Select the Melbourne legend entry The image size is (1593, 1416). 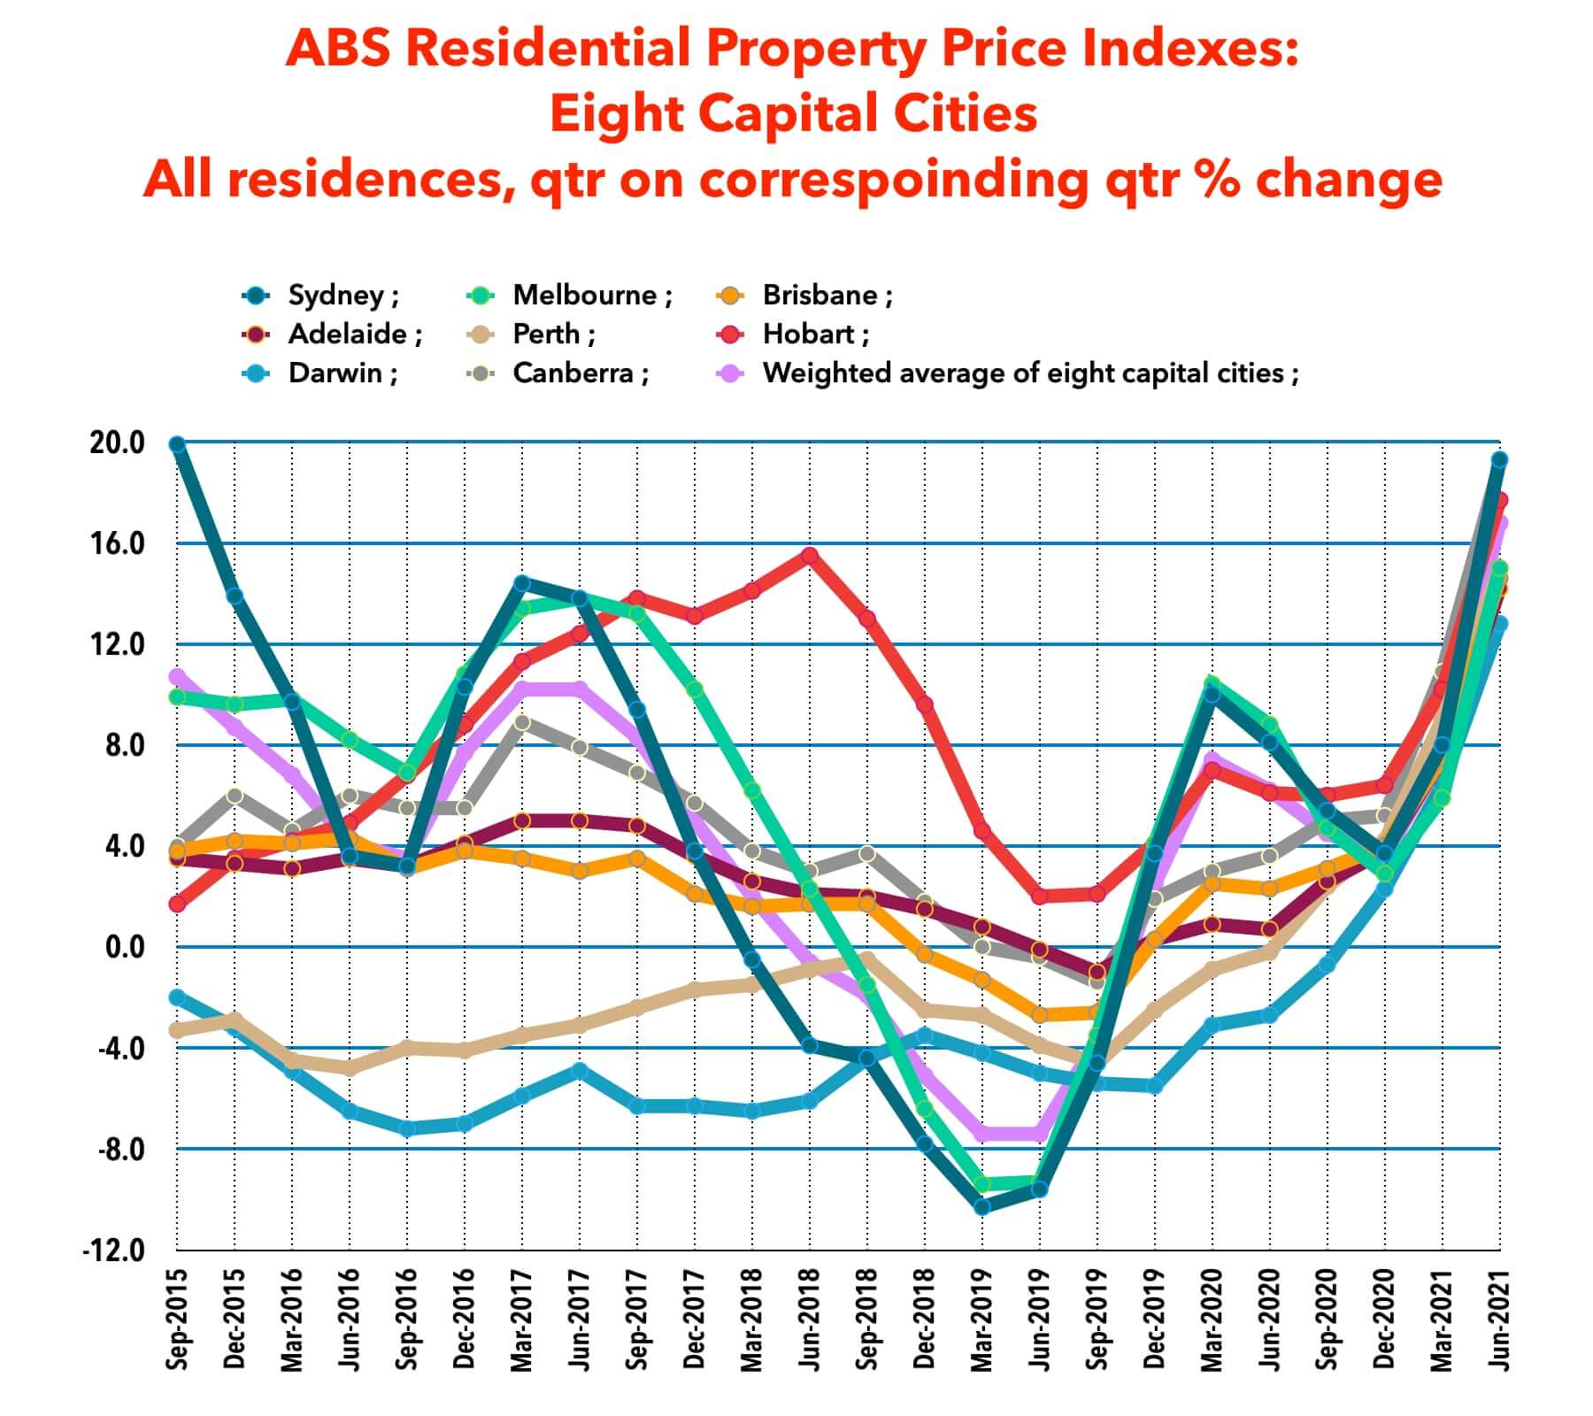(585, 296)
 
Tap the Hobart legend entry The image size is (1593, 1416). (809, 335)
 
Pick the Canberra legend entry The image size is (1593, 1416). (573, 373)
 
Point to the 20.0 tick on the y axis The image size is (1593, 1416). (117, 443)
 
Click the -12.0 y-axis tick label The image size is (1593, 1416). (113, 1251)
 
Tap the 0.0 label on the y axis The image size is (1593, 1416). (123, 948)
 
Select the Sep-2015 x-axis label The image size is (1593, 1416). (177, 1320)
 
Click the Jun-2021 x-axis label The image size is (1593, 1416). (1498, 1320)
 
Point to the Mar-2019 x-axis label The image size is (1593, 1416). (981, 1320)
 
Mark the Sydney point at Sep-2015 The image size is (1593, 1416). (177, 444)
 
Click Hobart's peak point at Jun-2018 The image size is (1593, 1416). (809, 556)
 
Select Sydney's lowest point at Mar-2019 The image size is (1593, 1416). (981, 1206)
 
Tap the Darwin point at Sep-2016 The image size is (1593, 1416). (407, 1129)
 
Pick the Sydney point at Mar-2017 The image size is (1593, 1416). (522, 583)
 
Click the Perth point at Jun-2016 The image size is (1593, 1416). (350, 1067)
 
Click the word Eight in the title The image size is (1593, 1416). (616, 114)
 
